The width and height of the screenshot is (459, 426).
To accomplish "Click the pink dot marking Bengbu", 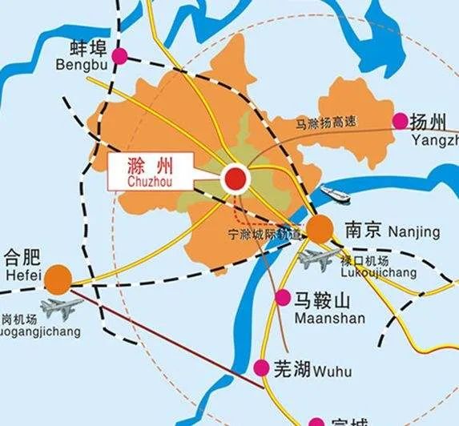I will [x=119, y=55].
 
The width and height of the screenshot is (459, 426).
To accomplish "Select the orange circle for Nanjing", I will [x=320, y=229].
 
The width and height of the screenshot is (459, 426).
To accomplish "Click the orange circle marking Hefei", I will [x=57, y=279].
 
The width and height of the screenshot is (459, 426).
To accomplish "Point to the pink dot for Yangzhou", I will [x=400, y=121].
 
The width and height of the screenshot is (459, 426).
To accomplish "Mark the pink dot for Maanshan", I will [x=282, y=298].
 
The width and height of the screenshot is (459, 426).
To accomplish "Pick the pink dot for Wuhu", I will [x=261, y=368].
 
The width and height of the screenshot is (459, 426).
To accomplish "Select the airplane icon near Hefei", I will [x=60, y=307].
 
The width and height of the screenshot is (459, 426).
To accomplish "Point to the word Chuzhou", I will [x=149, y=183].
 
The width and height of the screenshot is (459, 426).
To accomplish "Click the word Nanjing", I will [x=413, y=232].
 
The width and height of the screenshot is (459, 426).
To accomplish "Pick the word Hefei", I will [x=18, y=273].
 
